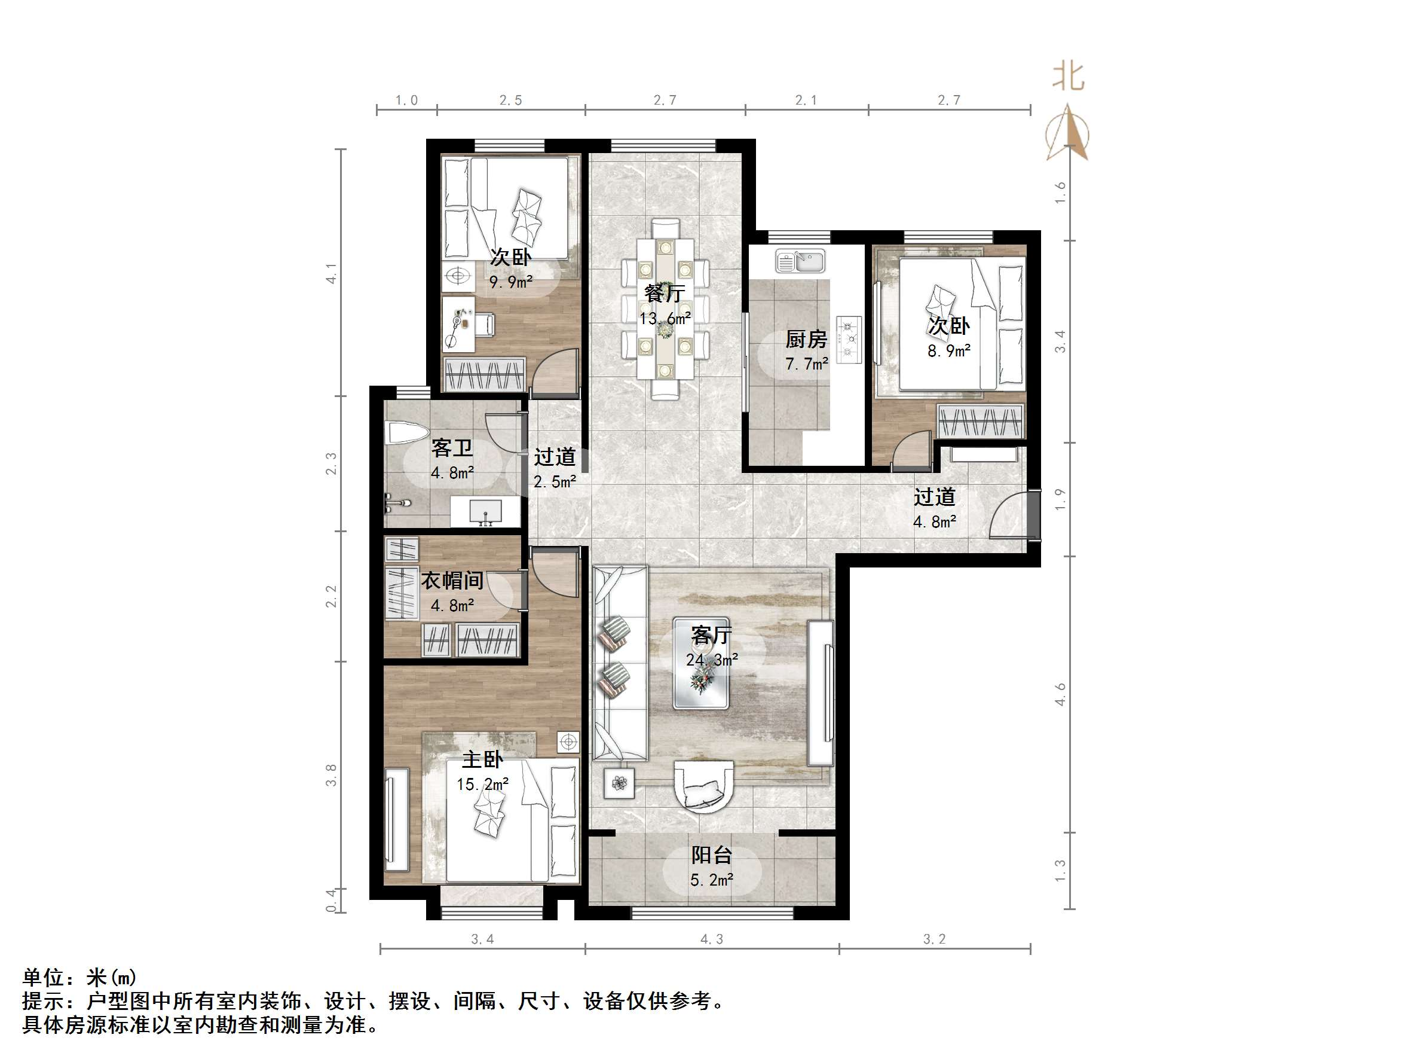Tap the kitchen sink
click(x=801, y=261)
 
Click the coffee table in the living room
click(x=701, y=663)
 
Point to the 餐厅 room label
click(x=665, y=294)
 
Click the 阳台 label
click(x=711, y=855)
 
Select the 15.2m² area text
click(x=482, y=785)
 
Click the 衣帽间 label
click(x=452, y=581)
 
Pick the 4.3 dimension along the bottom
click(x=712, y=939)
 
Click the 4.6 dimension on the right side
click(x=1060, y=694)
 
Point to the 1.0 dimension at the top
click(x=406, y=100)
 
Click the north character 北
click(x=1068, y=77)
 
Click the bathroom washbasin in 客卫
click(x=485, y=512)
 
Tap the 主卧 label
click(x=482, y=760)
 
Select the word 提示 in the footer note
click(x=44, y=1001)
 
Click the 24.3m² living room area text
click(x=712, y=660)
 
